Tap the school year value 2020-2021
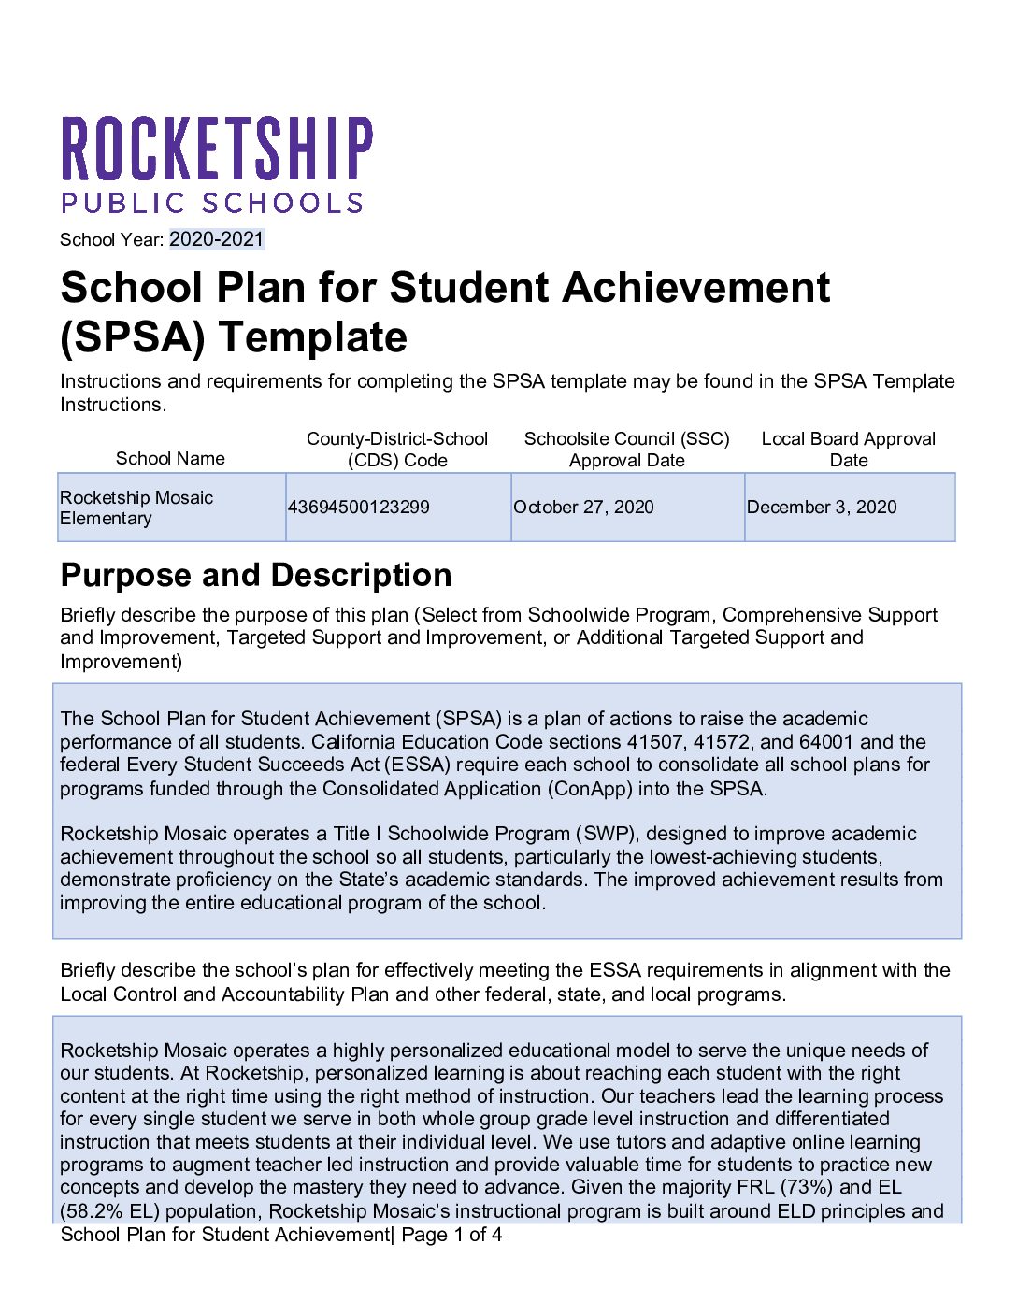(x=217, y=239)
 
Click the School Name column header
(x=170, y=458)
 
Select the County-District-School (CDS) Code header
(x=397, y=450)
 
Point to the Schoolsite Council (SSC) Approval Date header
(x=626, y=450)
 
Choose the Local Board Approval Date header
(x=848, y=450)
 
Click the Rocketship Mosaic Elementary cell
(x=136, y=508)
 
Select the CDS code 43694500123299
(x=358, y=507)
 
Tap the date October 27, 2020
(x=583, y=507)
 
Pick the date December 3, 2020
(x=821, y=507)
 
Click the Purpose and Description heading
(x=256, y=575)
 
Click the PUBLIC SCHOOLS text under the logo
(x=212, y=204)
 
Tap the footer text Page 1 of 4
(x=451, y=1235)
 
